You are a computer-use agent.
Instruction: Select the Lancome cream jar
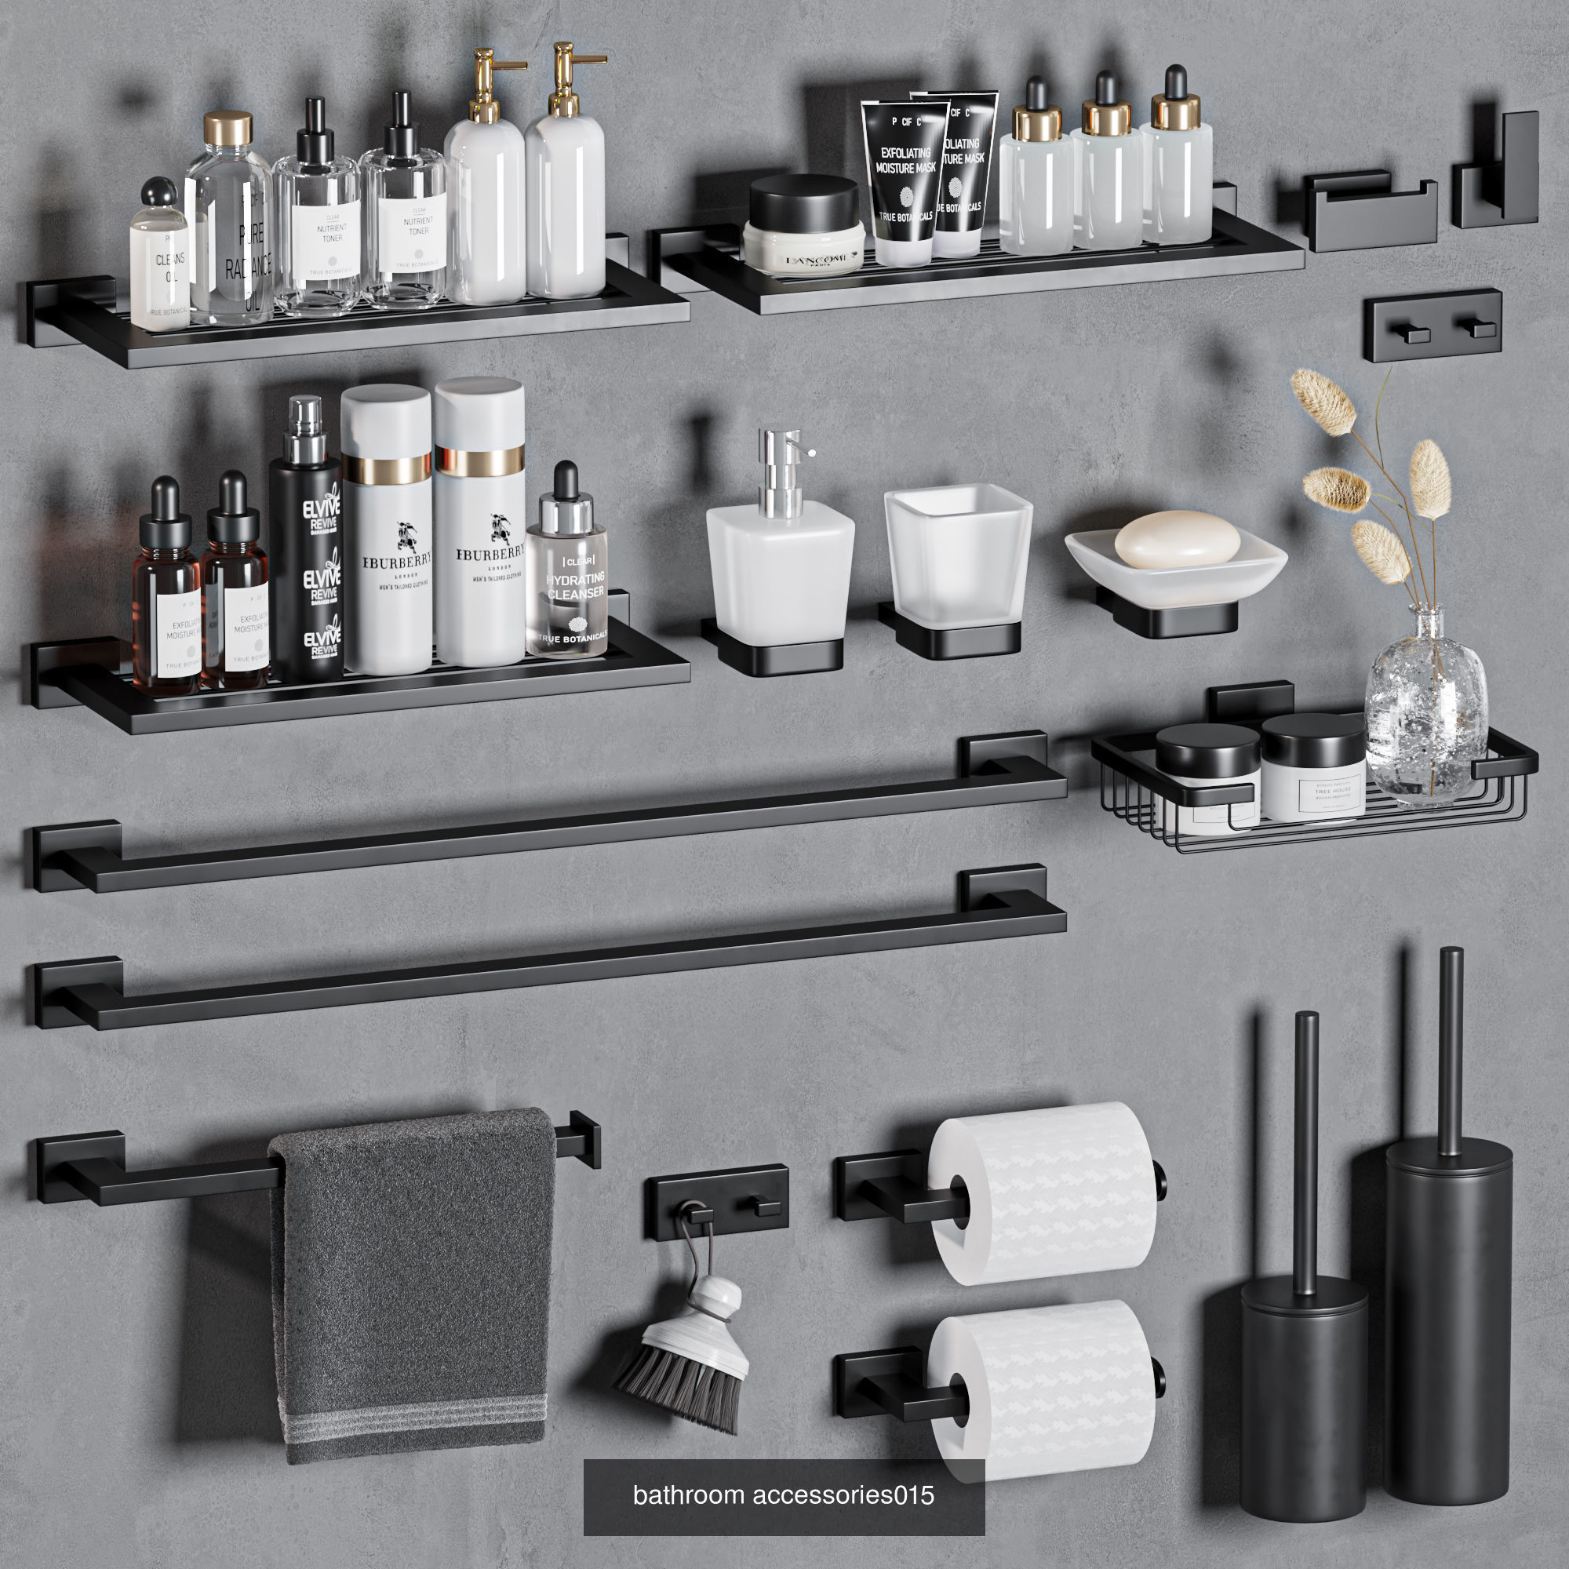(x=804, y=227)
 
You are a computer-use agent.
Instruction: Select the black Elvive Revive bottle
(x=306, y=560)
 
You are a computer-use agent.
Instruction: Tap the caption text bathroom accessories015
(x=783, y=1495)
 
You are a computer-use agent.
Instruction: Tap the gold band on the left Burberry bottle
(x=387, y=468)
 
